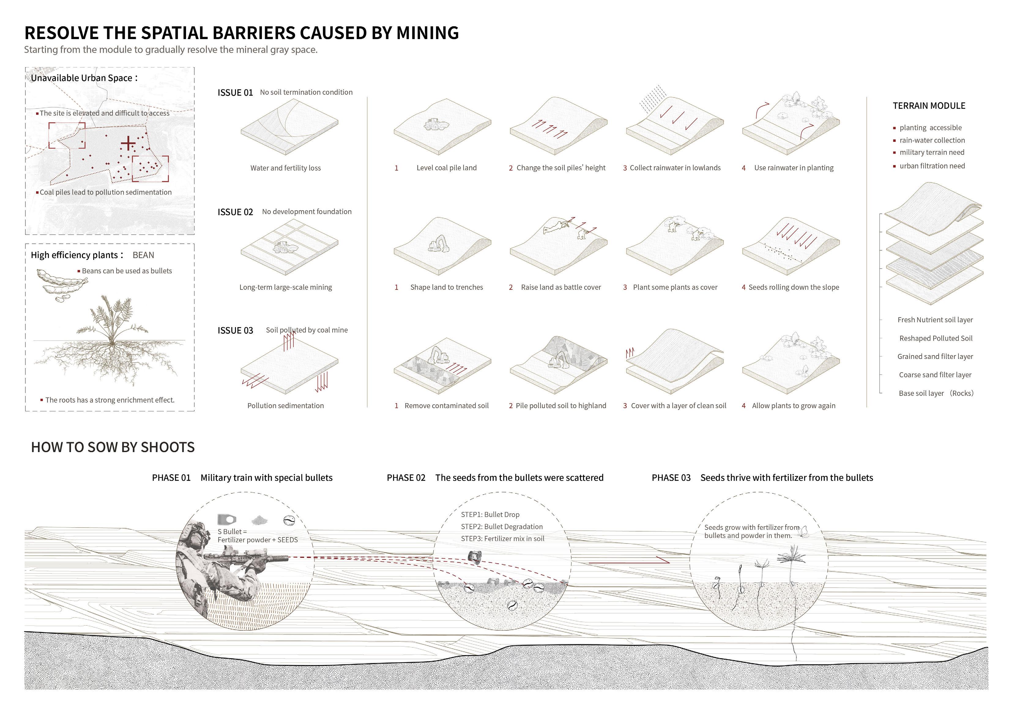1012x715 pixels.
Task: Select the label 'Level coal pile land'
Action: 446,168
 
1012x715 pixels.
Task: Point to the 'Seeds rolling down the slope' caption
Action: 793,287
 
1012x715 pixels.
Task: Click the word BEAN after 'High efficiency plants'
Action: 143,255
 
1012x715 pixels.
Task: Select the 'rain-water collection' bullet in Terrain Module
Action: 932,140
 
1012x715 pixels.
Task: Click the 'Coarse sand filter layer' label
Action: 935,375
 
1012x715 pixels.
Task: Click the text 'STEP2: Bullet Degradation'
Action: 502,526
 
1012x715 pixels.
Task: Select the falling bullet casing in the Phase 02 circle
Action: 475,557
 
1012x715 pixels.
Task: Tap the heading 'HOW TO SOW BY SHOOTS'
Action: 113,448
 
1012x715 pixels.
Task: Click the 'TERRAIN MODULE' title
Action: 929,106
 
